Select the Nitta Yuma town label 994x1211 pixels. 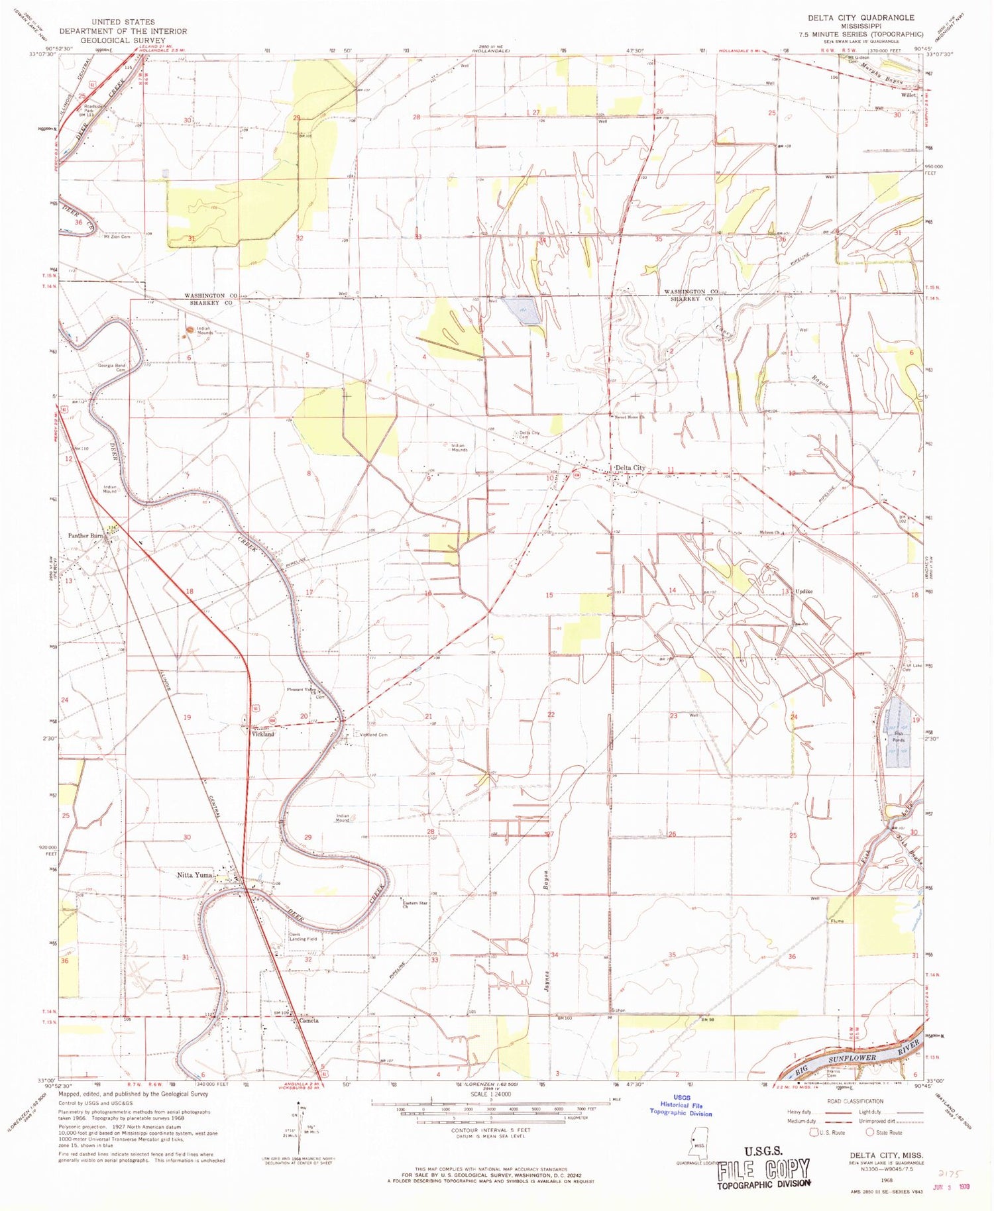[x=194, y=875]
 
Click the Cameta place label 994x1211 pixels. [x=309, y=1020]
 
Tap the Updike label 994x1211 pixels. [x=804, y=592]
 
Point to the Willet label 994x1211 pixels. [x=908, y=95]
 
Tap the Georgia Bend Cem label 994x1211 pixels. [x=111, y=368]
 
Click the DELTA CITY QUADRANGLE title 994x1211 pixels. [x=859, y=18]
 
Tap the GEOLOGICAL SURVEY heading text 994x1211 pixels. [x=123, y=40]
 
